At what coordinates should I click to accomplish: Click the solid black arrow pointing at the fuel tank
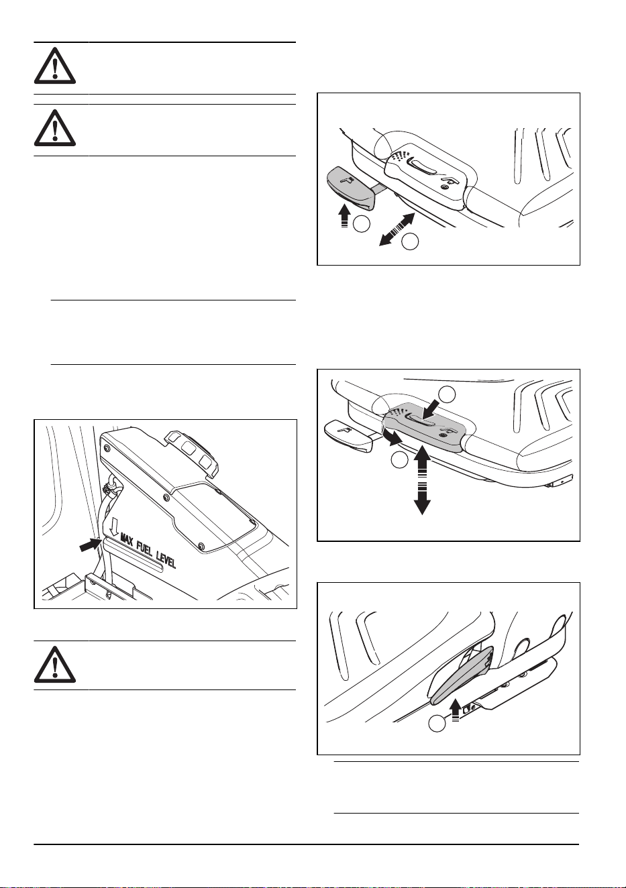(90, 545)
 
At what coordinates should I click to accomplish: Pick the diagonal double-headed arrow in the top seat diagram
(397, 229)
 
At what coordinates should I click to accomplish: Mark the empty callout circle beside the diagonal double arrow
(410, 242)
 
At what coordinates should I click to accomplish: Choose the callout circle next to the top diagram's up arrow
(362, 224)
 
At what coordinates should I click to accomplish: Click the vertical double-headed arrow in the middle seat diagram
(423, 480)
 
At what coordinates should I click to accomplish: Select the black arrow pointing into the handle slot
(431, 408)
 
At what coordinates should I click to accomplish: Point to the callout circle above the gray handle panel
(447, 393)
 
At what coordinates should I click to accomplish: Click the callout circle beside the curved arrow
(399, 460)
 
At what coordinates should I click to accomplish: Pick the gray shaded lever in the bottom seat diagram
(462, 675)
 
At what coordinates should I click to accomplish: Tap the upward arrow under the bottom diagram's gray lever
(456, 710)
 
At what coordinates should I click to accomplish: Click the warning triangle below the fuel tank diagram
(55, 665)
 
